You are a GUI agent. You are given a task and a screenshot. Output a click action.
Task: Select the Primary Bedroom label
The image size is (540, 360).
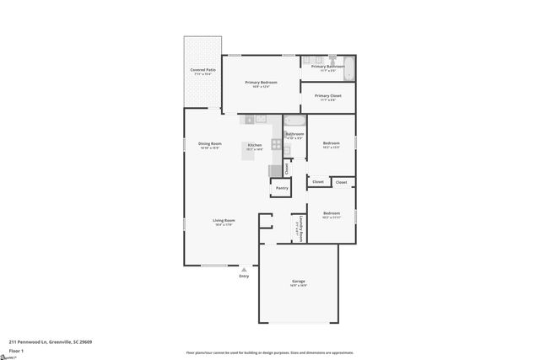click(262, 83)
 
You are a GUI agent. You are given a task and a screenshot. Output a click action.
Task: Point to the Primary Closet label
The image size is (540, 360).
click(327, 96)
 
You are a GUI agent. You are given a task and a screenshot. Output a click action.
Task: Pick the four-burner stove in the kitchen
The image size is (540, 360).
click(276, 143)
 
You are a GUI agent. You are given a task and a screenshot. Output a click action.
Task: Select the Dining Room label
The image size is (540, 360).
click(210, 144)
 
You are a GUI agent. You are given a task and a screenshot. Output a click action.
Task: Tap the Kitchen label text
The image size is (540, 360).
click(254, 146)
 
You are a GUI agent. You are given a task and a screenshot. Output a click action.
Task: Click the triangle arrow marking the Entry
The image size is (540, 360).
click(244, 269)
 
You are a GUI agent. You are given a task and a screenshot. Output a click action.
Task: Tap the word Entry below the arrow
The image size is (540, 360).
click(244, 277)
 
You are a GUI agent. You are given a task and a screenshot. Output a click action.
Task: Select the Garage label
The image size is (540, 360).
click(299, 281)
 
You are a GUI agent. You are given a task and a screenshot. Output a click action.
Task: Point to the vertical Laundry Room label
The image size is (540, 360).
click(300, 228)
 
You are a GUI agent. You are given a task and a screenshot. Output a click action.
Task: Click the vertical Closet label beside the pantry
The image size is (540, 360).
click(287, 169)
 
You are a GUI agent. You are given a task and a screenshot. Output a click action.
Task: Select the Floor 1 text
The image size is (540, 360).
click(16, 350)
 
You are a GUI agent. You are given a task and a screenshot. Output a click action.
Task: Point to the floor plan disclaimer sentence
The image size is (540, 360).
click(269, 352)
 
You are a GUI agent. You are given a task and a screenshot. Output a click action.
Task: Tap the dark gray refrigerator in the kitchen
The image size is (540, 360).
click(275, 170)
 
